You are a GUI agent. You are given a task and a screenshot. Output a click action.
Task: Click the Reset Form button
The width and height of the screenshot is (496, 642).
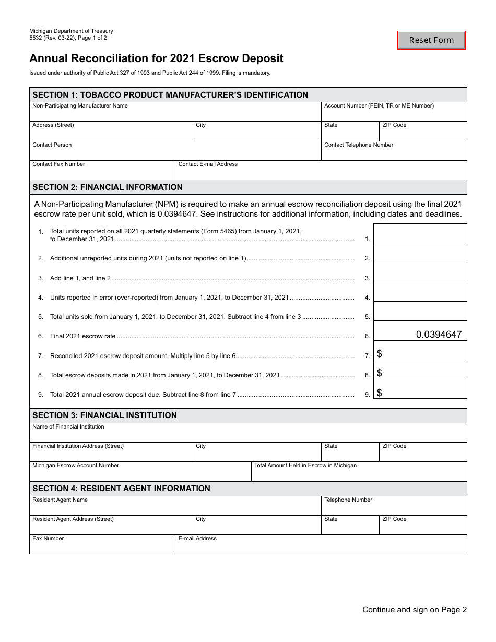(x=431, y=40)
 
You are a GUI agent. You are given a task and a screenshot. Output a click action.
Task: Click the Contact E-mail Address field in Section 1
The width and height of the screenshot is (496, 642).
(x=321, y=173)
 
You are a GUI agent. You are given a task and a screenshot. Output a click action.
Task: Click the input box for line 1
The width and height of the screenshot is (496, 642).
(x=420, y=234)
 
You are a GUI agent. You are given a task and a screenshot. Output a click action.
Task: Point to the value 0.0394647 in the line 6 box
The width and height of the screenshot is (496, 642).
(x=439, y=335)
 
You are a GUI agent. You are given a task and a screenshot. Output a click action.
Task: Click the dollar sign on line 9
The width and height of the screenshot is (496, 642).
(x=380, y=393)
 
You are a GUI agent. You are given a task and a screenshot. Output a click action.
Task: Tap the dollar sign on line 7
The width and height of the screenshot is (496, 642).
(x=380, y=354)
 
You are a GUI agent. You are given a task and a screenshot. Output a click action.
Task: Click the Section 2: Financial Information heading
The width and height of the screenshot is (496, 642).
(x=108, y=187)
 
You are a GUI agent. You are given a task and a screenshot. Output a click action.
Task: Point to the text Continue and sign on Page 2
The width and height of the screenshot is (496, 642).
(x=415, y=610)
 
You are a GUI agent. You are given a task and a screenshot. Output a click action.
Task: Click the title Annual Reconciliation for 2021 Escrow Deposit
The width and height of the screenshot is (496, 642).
(x=156, y=58)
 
